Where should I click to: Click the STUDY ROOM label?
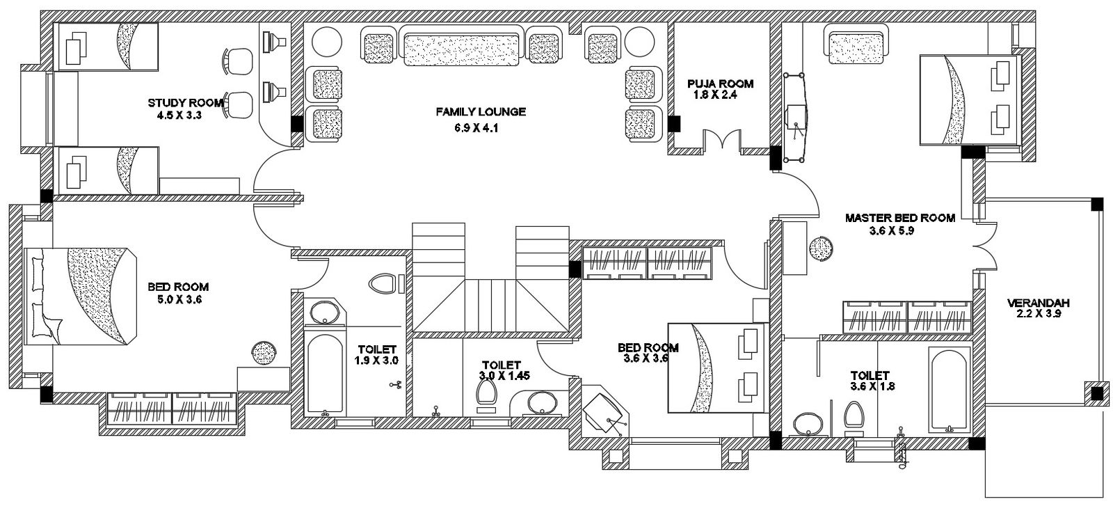pos(185,103)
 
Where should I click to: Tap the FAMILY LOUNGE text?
pos(481,111)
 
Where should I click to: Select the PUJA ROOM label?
pos(720,84)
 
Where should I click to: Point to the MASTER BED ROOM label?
pos(899,218)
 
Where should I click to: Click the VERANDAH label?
pos(1038,303)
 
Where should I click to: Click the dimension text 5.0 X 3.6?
pos(178,300)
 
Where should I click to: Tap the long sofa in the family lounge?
pos(463,48)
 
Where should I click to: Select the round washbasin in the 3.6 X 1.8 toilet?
pos(808,423)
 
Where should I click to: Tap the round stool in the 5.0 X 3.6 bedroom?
pos(264,354)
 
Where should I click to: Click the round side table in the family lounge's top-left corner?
pos(323,41)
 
